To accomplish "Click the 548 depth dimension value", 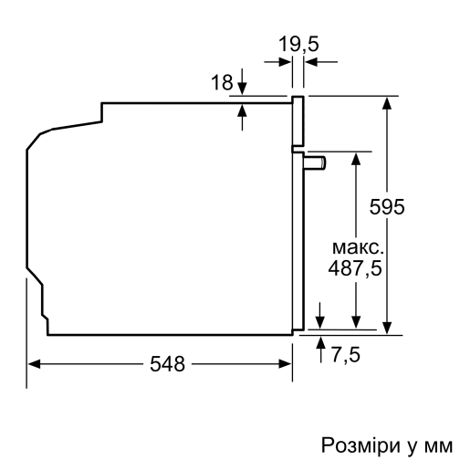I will click(x=168, y=365).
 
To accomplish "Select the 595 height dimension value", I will click(x=387, y=207).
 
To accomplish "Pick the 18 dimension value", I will click(x=222, y=82).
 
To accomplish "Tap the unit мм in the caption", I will click(x=436, y=444).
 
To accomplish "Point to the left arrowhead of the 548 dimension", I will click(x=34, y=365).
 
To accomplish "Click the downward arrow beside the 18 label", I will click(x=243, y=88).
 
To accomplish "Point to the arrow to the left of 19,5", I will click(x=284, y=62).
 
